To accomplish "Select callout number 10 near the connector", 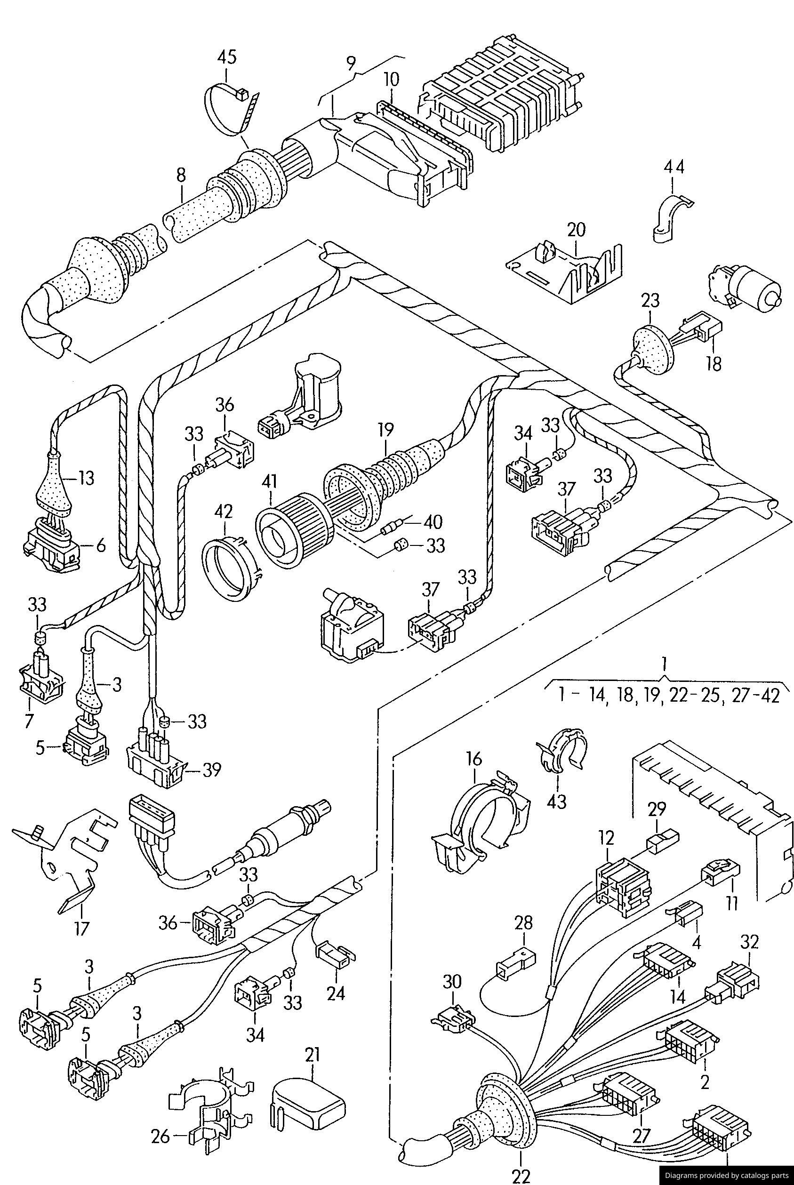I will (x=391, y=80).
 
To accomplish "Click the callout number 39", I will (x=212, y=770).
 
